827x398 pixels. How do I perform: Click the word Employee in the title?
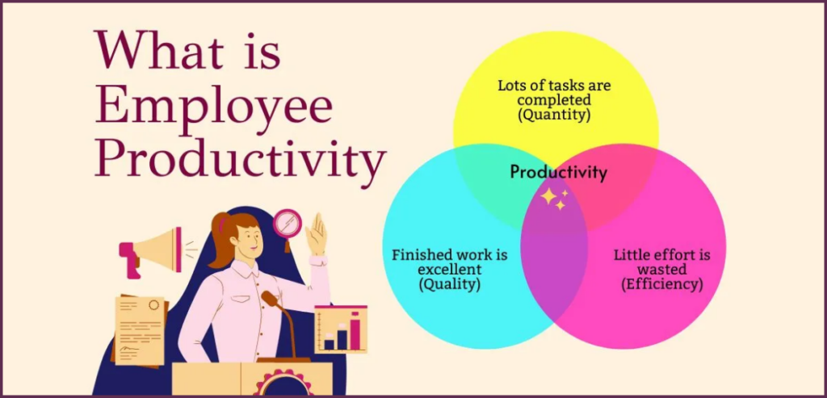pyautogui.click(x=214, y=110)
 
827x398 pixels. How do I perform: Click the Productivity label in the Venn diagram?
pyautogui.click(x=558, y=172)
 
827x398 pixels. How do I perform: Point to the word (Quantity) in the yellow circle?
pyautogui.click(x=555, y=115)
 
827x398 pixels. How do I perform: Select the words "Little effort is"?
pyautogui.click(x=661, y=255)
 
